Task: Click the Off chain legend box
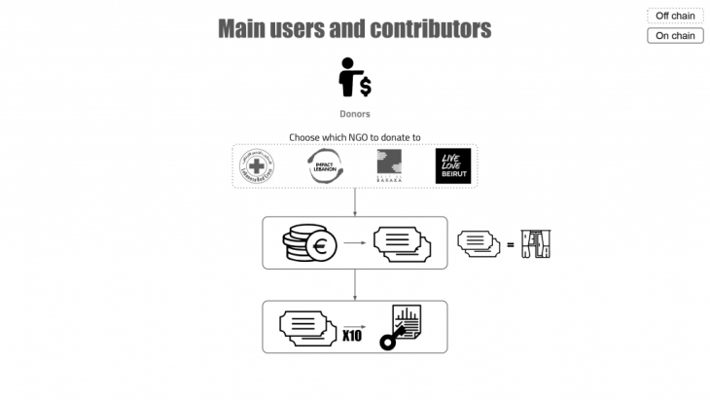[675, 16]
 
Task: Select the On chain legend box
[675, 36]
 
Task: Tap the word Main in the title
[242, 28]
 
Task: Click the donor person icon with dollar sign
[353, 78]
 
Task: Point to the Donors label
[354, 114]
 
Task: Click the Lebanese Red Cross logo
[257, 166]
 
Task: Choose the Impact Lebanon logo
[324, 166]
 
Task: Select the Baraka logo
[390, 166]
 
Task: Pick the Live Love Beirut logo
[453, 165]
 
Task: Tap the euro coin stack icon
[308, 243]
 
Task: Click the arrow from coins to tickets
[353, 243]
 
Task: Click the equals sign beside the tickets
[510, 244]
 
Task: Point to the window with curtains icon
[536, 243]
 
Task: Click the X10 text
[352, 336]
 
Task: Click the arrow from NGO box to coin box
[354, 201]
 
